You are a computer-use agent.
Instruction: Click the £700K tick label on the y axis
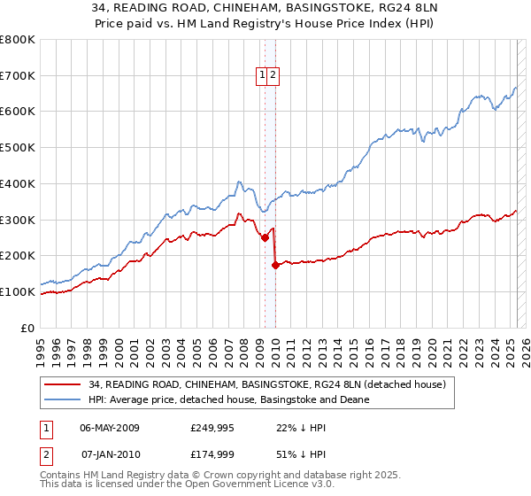[18, 76]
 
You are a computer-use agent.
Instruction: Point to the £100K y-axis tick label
[18, 291]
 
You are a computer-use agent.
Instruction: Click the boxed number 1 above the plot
[263, 76]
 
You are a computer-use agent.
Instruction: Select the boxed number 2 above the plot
[274, 76]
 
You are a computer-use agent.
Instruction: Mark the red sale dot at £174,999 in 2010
[275, 265]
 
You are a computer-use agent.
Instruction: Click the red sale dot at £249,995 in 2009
[265, 237]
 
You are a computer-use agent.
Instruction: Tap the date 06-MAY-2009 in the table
[110, 427]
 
